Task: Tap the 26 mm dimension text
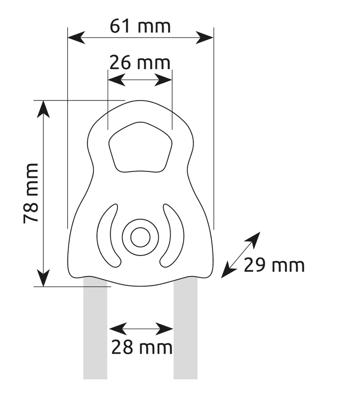[140, 63]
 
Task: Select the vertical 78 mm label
[31, 193]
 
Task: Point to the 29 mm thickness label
[274, 266]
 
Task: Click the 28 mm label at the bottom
[142, 347]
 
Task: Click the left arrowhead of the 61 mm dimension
[76, 38]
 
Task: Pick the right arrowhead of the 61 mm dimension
[205, 38]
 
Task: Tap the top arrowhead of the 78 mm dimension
[43, 109]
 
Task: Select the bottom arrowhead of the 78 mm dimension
[44, 278]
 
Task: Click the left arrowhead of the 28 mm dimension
[118, 329]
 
